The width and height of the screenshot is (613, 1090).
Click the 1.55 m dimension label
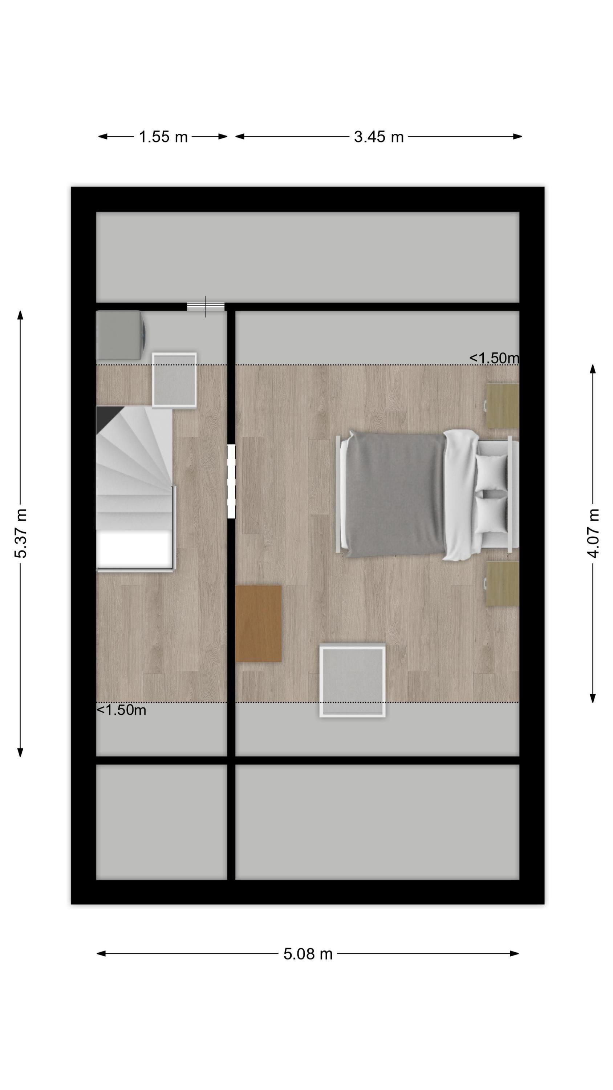pyautogui.click(x=163, y=137)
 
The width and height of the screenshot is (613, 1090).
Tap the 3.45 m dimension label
pyautogui.click(x=379, y=137)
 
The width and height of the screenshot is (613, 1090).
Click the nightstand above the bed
pyautogui.click(x=502, y=406)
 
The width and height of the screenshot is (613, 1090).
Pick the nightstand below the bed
pyautogui.click(x=502, y=584)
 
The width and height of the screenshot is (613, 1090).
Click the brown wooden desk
pyautogui.click(x=259, y=623)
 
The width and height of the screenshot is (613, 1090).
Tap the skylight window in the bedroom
pyautogui.click(x=352, y=681)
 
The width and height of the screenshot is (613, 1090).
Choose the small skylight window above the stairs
pyautogui.click(x=174, y=380)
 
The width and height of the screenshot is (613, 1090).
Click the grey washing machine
pyautogui.click(x=121, y=335)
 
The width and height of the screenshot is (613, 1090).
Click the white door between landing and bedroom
pyautogui.click(x=231, y=481)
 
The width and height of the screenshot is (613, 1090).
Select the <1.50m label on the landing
pyautogui.click(x=121, y=710)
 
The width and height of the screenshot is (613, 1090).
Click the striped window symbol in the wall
pyautogui.click(x=206, y=306)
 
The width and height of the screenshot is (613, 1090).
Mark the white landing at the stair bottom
pyautogui.click(x=134, y=549)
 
